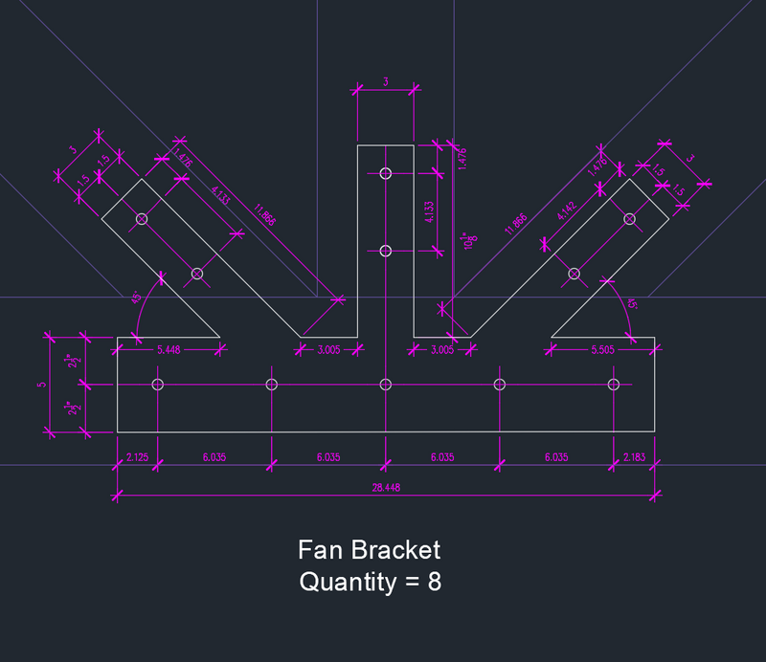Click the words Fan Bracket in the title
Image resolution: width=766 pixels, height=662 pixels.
[369, 550]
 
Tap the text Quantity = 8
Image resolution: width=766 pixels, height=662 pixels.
[370, 582]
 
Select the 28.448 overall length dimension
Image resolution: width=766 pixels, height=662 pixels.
[385, 487]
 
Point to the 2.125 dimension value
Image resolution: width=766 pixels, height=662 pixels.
[137, 457]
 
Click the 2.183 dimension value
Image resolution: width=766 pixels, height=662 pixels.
[634, 457]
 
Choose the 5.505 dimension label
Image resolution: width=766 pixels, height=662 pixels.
[602, 349]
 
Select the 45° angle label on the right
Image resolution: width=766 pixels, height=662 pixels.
[632, 303]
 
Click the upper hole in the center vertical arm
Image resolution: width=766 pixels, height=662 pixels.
[386, 173]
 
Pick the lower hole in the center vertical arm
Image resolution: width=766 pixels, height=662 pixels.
[386, 251]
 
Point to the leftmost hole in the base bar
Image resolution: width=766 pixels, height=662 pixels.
[158, 385]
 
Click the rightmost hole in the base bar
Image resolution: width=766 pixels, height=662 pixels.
[614, 385]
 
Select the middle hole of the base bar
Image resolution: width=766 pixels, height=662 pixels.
[386, 385]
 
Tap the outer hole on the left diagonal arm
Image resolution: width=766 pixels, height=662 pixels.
[142, 219]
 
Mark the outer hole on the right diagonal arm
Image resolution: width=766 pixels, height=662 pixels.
[630, 219]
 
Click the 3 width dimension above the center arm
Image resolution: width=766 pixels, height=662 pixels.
[386, 82]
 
